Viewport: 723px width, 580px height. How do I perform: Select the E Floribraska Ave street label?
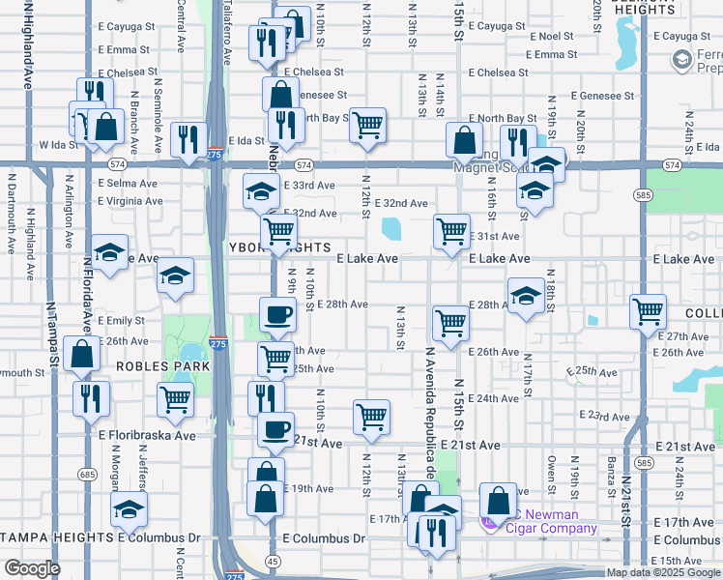point(147,436)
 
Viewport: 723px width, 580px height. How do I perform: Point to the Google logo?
point(33,568)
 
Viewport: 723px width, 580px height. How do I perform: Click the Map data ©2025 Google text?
point(662,572)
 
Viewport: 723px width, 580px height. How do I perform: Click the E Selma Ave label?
point(127,183)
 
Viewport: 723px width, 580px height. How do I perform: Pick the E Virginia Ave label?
point(130,201)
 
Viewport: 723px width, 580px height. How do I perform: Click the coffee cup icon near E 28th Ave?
point(277,314)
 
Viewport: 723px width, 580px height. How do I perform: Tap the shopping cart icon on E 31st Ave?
point(451,231)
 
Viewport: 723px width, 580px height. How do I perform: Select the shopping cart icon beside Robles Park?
point(175,397)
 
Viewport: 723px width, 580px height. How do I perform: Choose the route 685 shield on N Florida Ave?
point(88,475)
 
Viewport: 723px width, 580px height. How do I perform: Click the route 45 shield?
point(274,562)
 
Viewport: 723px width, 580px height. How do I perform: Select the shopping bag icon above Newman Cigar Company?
point(498,500)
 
